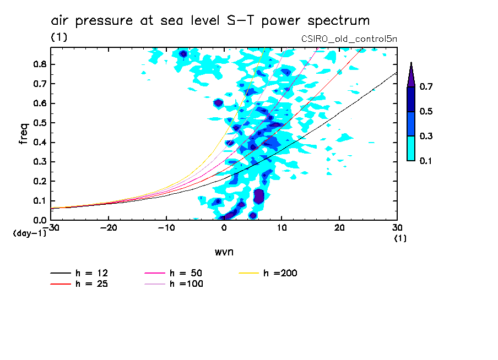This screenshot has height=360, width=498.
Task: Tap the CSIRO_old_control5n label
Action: pyautogui.click(x=349, y=39)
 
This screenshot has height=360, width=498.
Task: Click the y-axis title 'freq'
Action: pyautogui.click(x=23, y=133)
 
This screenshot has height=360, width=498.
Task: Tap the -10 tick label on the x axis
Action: pyautogui.click(x=166, y=227)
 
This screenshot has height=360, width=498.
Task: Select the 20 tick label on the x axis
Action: pyautogui.click(x=339, y=227)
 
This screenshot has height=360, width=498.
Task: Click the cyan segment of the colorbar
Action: pyautogui.click(x=411, y=148)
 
